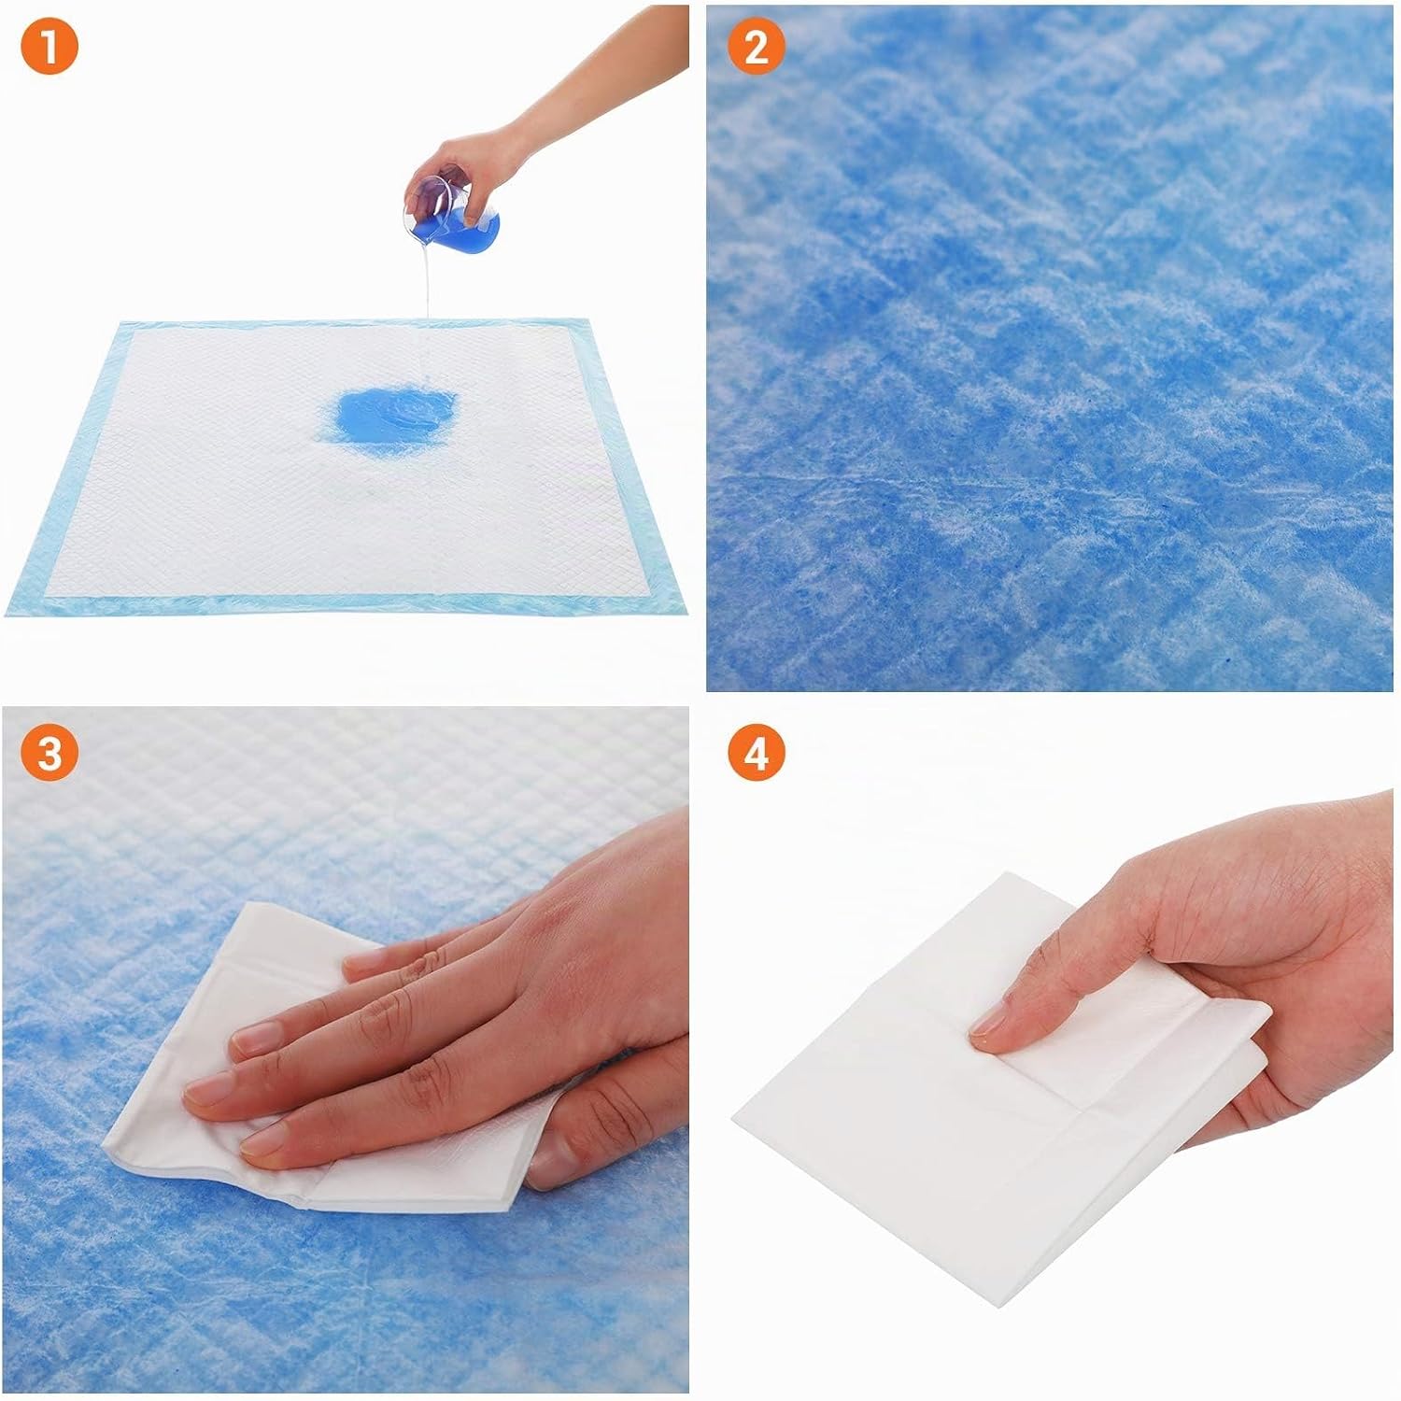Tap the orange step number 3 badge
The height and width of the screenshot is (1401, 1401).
click(x=50, y=753)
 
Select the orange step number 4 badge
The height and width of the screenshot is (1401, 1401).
click(x=756, y=753)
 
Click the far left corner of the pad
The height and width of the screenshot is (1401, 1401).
click(x=123, y=322)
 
